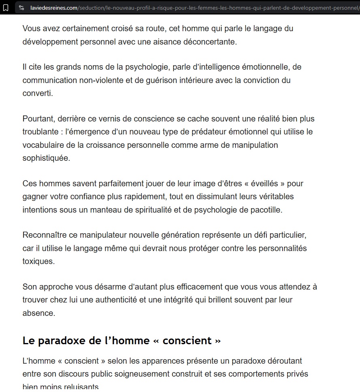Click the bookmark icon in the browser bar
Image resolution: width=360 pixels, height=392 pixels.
6,8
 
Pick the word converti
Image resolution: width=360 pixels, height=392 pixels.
37,93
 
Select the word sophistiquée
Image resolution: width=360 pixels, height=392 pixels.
46,158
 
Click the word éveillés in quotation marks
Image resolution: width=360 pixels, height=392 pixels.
264,183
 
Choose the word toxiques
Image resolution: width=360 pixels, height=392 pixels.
39,261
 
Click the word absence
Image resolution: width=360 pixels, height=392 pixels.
39,313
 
